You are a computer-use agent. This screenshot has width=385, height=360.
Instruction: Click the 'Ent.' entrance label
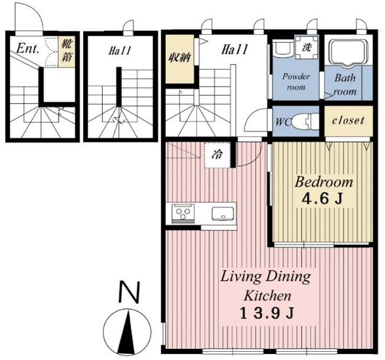click(28, 48)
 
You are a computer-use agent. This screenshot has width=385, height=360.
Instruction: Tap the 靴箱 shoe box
click(67, 51)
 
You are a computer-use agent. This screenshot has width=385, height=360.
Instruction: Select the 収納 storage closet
click(180, 59)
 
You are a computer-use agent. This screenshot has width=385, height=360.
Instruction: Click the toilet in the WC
click(305, 121)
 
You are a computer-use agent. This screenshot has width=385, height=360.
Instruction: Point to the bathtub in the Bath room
click(347, 52)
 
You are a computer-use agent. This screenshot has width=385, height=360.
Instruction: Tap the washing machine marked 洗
click(306, 47)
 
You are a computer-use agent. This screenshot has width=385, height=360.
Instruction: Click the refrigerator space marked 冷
click(217, 155)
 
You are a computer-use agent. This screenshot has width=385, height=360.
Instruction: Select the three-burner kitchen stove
click(184, 213)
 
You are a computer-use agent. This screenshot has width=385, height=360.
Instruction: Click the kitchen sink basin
click(223, 213)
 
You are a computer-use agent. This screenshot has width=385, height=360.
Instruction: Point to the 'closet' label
click(348, 121)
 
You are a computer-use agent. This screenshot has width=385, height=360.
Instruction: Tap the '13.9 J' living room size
click(267, 313)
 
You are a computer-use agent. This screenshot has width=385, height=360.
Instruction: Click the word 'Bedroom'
click(324, 182)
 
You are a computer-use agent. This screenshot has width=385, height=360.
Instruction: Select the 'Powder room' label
click(296, 82)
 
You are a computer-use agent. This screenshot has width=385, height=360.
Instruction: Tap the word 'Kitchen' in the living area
click(267, 296)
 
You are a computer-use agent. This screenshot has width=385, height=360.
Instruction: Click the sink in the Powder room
click(283, 48)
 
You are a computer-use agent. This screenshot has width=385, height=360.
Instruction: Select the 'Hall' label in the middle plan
click(120, 51)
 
